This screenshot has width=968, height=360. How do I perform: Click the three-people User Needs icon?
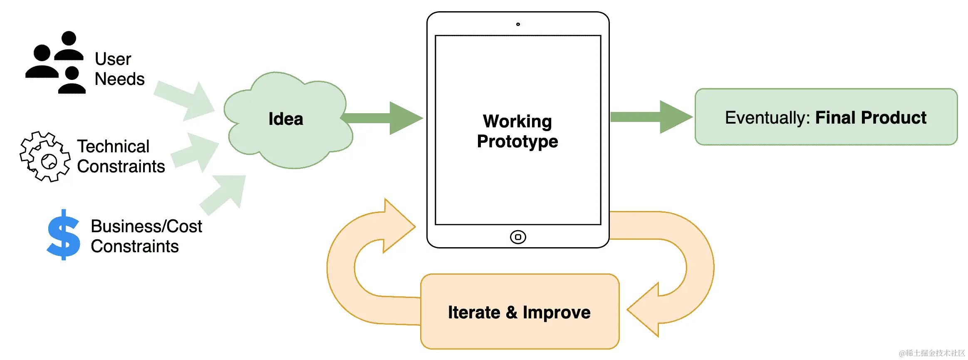56,62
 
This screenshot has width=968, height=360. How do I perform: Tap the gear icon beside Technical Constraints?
45,157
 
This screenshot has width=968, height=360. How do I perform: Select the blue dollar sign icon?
64,235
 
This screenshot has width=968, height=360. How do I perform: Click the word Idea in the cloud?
286,119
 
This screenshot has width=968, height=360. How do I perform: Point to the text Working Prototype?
517,131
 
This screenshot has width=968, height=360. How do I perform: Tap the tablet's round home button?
518,237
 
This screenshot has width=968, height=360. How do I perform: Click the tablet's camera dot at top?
518,24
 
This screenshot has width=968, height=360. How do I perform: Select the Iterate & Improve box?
520,312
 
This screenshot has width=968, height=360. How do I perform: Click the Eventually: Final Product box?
826,117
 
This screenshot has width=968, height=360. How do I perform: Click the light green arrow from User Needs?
187,100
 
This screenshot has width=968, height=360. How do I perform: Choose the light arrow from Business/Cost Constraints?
225,194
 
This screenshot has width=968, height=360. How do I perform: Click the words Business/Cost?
146,226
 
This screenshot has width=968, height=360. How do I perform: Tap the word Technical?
113,146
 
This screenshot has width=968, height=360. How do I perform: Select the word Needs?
120,79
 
